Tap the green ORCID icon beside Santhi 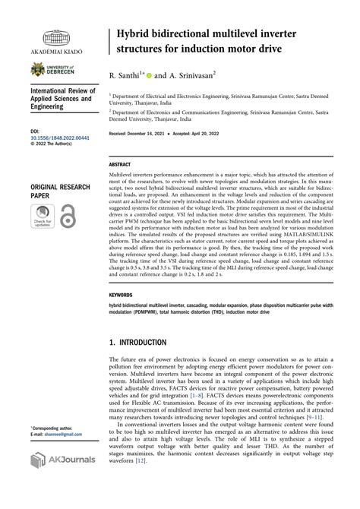(x=149, y=75)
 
